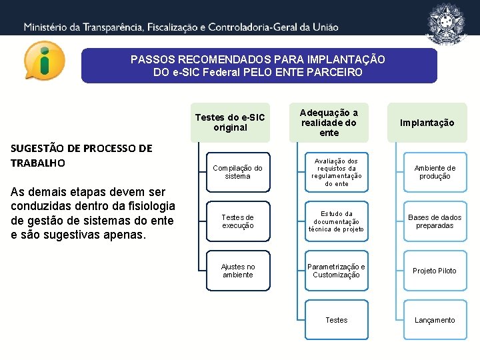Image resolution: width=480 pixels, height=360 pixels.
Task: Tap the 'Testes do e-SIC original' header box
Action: pos(230,123)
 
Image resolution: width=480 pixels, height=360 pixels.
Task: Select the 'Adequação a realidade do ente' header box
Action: pos(329,123)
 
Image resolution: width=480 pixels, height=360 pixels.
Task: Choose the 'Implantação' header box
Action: pos(427,123)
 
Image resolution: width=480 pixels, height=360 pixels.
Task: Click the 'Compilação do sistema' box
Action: pos(238,172)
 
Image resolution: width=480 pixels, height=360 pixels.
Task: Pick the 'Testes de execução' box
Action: pos(238,221)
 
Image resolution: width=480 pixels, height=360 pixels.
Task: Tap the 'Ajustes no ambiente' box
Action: pos(238,271)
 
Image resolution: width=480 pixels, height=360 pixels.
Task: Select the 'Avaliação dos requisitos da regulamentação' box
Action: pos(337,172)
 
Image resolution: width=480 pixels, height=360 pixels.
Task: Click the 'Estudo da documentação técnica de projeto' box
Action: pos(337,221)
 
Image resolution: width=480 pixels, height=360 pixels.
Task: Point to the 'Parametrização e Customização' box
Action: pos(337,271)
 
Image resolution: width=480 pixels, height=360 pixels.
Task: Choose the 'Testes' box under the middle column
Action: pos(337,320)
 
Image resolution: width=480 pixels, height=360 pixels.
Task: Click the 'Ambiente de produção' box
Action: pos(435,172)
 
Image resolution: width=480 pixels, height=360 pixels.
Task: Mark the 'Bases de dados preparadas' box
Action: pos(435,221)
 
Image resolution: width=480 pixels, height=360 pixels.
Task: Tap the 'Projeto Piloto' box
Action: pos(435,271)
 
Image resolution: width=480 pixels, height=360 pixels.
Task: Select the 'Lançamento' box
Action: pos(435,320)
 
